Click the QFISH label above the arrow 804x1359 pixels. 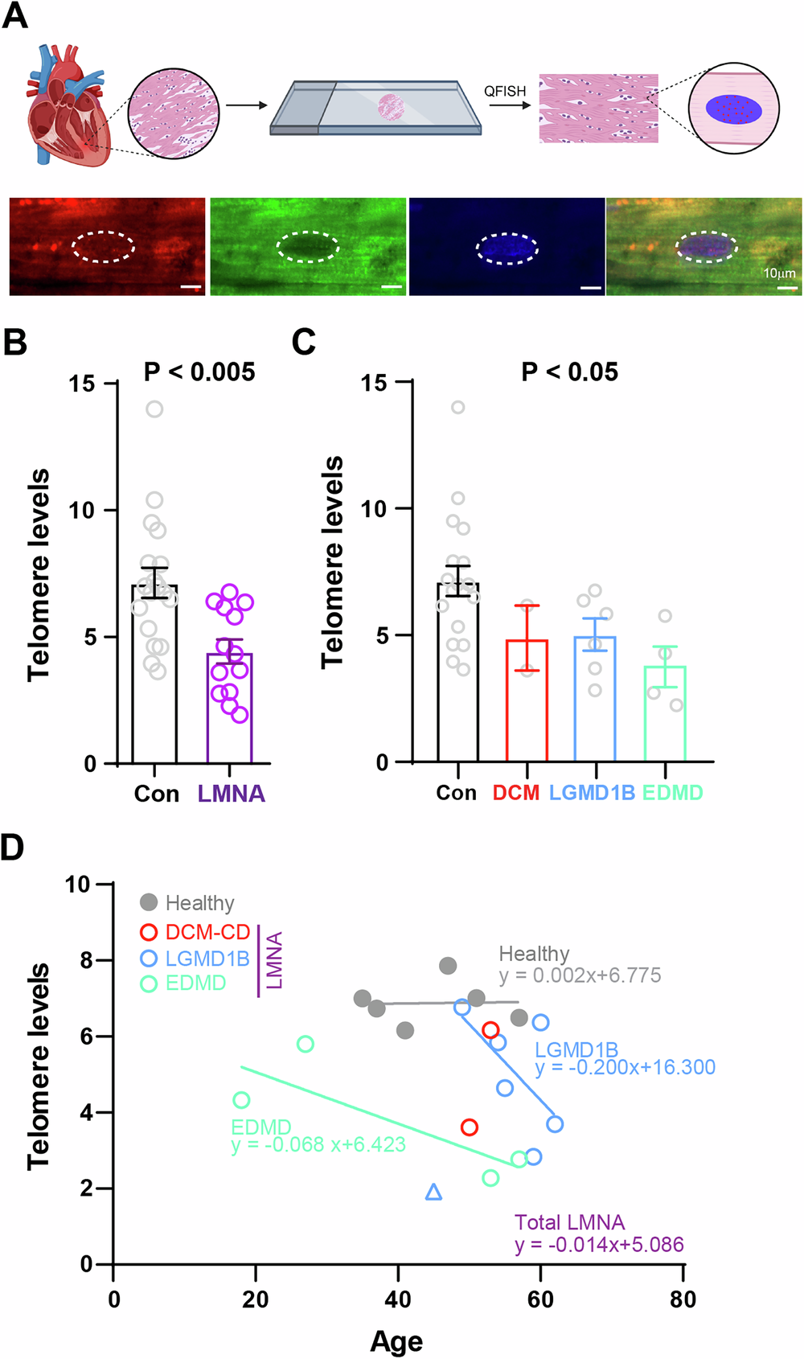pos(505,91)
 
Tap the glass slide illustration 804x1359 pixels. pos(375,107)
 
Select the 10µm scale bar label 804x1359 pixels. pos(779,273)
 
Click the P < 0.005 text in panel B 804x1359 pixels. pos(199,372)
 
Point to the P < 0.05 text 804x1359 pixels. pos(569,372)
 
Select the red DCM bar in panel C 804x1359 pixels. pos(527,708)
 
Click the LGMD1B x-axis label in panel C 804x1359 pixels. pos(592,793)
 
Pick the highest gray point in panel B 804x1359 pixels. pos(154,409)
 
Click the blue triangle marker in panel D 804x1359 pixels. pos(433,1192)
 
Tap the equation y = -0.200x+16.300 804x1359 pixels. pos(625,1067)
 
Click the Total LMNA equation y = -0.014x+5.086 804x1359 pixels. pos(599,1245)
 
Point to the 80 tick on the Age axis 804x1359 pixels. pos(683,1299)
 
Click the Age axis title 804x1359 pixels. pos(396,1341)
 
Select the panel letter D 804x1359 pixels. pos(14,848)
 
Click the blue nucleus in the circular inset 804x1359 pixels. pos(733,108)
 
